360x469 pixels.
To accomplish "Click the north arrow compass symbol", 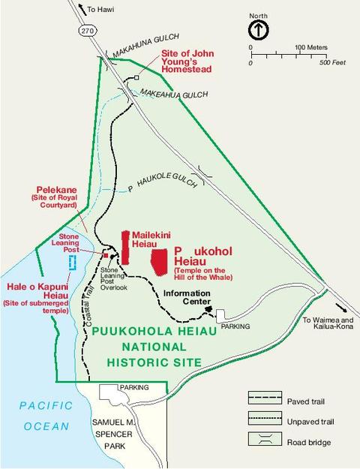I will [x=257, y=30].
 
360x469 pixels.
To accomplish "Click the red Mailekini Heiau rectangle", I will [x=126, y=247].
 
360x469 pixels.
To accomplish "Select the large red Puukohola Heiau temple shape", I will [x=159, y=260].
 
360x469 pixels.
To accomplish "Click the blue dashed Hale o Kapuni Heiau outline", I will [x=72, y=263].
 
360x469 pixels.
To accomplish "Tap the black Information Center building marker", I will [x=209, y=308].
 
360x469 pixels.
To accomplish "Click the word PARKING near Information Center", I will [x=235, y=326].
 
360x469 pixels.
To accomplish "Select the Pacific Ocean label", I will [x=46, y=416].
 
